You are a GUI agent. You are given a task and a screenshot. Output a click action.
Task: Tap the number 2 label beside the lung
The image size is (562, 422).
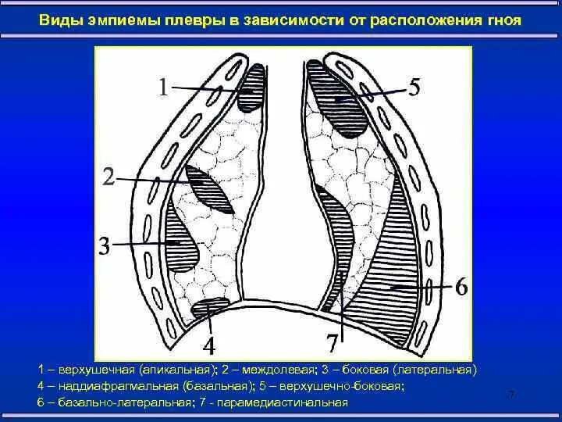[x=108, y=179]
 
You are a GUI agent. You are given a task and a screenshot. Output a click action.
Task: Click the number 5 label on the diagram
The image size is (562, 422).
[x=414, y=87]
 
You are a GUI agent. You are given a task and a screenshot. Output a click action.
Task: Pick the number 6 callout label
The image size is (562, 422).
[x=461, y=288]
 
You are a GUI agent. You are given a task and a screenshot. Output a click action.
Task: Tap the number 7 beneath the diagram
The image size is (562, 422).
[x=333, y=342]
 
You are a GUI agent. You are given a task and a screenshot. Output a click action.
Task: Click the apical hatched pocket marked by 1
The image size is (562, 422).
[x=251, y=89]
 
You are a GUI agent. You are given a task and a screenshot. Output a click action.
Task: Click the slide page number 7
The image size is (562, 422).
[x=511, y=394]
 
